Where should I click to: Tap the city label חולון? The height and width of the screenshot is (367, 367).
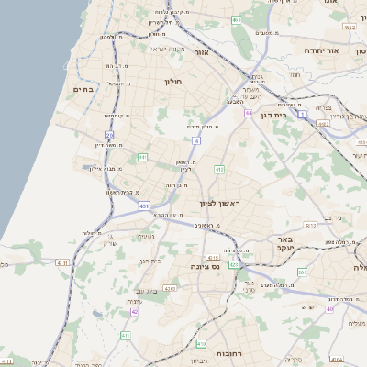[x=174, y=82]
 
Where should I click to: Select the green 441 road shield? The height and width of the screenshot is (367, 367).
[x=143, y=158]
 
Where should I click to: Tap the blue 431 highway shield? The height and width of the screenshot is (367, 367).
[x=145, y=206]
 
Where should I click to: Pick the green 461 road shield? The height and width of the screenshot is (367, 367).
[x=236, y=19]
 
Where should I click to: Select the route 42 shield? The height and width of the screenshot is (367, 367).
[x=135, y=312]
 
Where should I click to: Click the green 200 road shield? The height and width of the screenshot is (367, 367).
[x=303, y=272]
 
